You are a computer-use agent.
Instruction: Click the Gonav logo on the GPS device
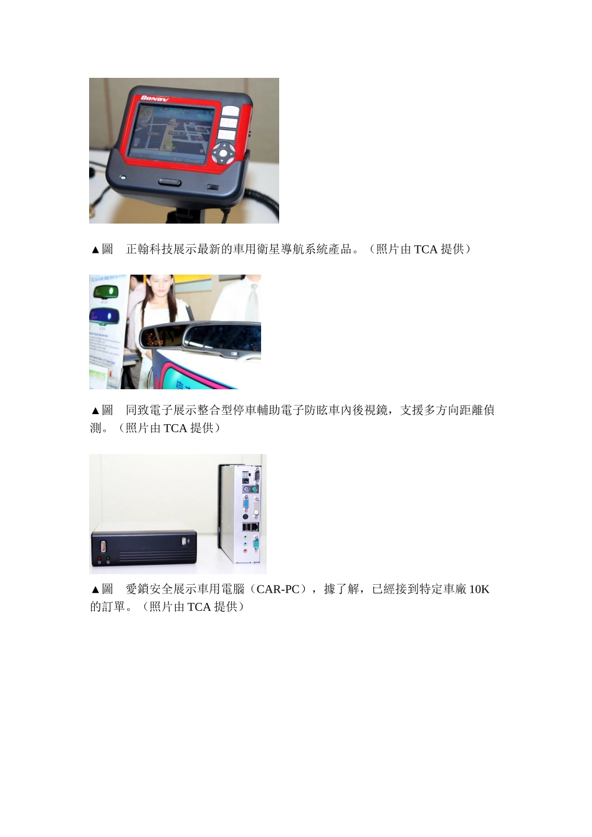[154, 98]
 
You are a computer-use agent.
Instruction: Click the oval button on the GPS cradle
[169, 182]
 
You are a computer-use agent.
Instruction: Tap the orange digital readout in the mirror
[154, 342]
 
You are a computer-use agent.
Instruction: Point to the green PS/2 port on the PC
[254, 489]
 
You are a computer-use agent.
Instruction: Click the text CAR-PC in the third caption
[278, 589]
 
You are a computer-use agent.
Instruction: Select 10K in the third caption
[479, 589]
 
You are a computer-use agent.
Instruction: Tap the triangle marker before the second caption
[95, 411]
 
